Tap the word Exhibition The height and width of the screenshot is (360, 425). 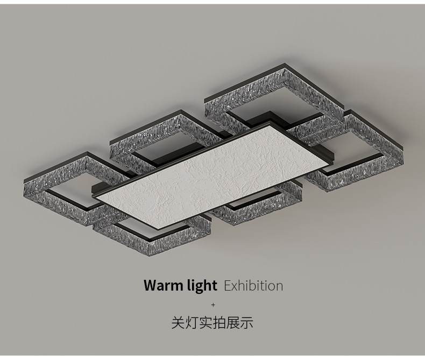pyautogui.click(x=253, y=285)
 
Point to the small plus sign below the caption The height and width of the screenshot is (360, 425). pyautogui.click(x=212, y=305)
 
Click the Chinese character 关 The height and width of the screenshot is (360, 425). pyautogui.click(x=178, y=323)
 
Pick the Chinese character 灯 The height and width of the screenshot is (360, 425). pyautogui.click(x=193, y=323)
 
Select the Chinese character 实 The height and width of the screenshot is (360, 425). pyautogui.click(x=208, y=323)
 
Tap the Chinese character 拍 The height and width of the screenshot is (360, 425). pyautogui.click(x=223, y=323)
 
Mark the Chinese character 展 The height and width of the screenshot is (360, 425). pyautogui.click(x=238, y=323)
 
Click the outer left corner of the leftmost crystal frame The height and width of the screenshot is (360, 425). pyautogui.click(x=25, y=179)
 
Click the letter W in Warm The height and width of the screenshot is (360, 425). pyautogui.click(x=150, y=285)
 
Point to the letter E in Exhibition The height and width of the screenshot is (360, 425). pyautogui.click(x=227, y=285)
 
